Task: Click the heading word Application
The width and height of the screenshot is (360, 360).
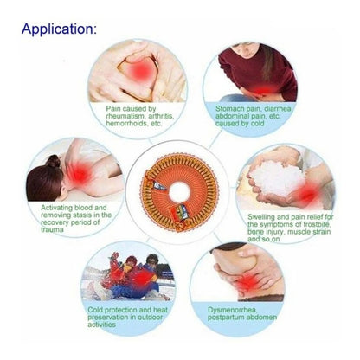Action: [59, 29]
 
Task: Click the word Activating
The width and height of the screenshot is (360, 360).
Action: [56, 208]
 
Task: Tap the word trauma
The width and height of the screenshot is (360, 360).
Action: [52, 230]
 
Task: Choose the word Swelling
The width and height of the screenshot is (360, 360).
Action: [260, 217]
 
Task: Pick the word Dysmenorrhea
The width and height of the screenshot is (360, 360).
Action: [232, 310]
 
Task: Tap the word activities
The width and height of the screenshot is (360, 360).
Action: [101, 325]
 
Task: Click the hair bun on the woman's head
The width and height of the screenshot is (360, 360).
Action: [54, 161]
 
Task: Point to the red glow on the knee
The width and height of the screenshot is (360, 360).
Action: [141, 70]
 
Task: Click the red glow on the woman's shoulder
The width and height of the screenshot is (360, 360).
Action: [79, 174]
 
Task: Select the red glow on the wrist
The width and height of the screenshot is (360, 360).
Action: [306, 195]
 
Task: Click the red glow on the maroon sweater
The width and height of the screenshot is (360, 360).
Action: [264, 90]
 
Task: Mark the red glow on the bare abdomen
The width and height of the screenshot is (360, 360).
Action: [247, 282]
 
